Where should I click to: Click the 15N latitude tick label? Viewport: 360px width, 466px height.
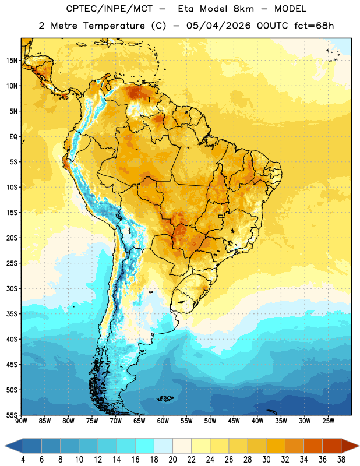pos(12,61)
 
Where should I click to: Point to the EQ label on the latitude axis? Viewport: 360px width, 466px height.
pos(13,137)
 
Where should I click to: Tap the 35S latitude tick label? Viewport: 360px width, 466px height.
pos(12,314)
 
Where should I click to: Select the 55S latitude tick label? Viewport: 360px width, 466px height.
pos(12,415)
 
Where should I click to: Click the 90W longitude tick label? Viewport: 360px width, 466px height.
pos(22,421)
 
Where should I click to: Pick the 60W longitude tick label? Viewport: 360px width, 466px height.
pos(163,421)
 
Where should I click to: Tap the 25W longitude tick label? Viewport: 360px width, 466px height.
pos(328,421)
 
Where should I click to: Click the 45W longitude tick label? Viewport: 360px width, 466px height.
pos(234,421)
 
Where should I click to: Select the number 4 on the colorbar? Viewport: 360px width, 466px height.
pos(23,460)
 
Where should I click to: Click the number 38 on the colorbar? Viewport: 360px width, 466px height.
pos(341,460)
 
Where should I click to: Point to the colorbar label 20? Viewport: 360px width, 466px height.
pos(172,460)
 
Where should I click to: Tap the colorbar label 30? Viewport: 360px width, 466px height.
pos(266,460)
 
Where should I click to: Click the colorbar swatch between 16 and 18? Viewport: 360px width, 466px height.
pos(145,446)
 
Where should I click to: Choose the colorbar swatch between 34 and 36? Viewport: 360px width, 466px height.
pos(313,446)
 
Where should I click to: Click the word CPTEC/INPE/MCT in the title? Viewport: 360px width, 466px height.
pos(110,9)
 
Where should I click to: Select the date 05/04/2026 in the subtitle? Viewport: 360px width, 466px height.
pos(218,26)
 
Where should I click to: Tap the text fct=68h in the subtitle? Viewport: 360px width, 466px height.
pos(314,26)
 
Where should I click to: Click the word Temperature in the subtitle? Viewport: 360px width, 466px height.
pos(114,26)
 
